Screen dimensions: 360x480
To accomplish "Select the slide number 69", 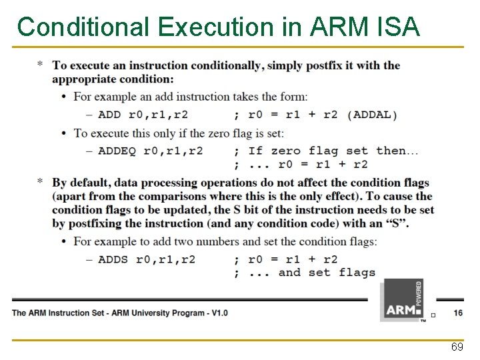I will coord(457,347).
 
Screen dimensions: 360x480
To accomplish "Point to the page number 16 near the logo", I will coord(458,312).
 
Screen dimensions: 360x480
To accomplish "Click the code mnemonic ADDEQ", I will coord(117,151).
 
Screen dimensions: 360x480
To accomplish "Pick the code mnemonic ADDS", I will coord(113,259).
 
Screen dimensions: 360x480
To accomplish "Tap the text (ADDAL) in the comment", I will coord(372,115).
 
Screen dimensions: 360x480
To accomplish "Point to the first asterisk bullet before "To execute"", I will coord(41,65).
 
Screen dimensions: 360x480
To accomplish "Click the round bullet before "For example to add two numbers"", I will coord(64,241).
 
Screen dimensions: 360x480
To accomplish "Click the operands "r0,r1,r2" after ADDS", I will coord(166,259).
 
